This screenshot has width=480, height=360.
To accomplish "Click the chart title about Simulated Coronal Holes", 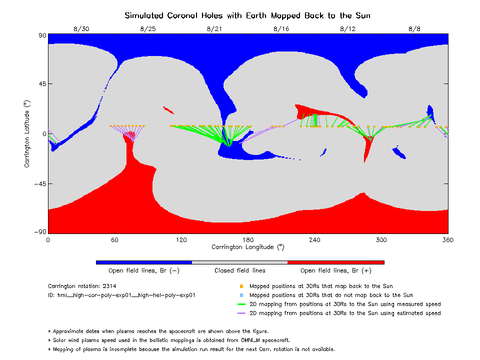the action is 247,15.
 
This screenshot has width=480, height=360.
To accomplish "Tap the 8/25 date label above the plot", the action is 148,29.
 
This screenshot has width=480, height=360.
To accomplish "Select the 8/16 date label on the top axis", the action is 281,29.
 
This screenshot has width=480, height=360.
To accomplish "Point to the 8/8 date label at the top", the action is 414,29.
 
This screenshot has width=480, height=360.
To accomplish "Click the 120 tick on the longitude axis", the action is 181,239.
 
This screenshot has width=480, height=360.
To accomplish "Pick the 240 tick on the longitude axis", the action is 314,239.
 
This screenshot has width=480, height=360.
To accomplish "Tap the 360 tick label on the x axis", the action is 448,239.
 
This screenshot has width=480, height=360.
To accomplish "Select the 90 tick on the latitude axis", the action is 42,35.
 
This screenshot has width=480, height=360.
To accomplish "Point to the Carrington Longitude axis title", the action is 247,247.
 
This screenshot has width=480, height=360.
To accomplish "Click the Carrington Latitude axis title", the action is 27,134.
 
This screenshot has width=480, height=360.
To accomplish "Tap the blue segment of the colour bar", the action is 144,262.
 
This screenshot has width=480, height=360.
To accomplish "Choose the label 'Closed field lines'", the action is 239,270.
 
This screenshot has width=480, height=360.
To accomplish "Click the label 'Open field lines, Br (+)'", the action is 336,270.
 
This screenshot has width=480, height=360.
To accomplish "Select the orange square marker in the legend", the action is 241,286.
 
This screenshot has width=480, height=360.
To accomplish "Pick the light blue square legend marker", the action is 241,295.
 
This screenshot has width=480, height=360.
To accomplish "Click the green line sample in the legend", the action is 241,304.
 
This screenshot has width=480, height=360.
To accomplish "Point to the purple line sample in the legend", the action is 241,313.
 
